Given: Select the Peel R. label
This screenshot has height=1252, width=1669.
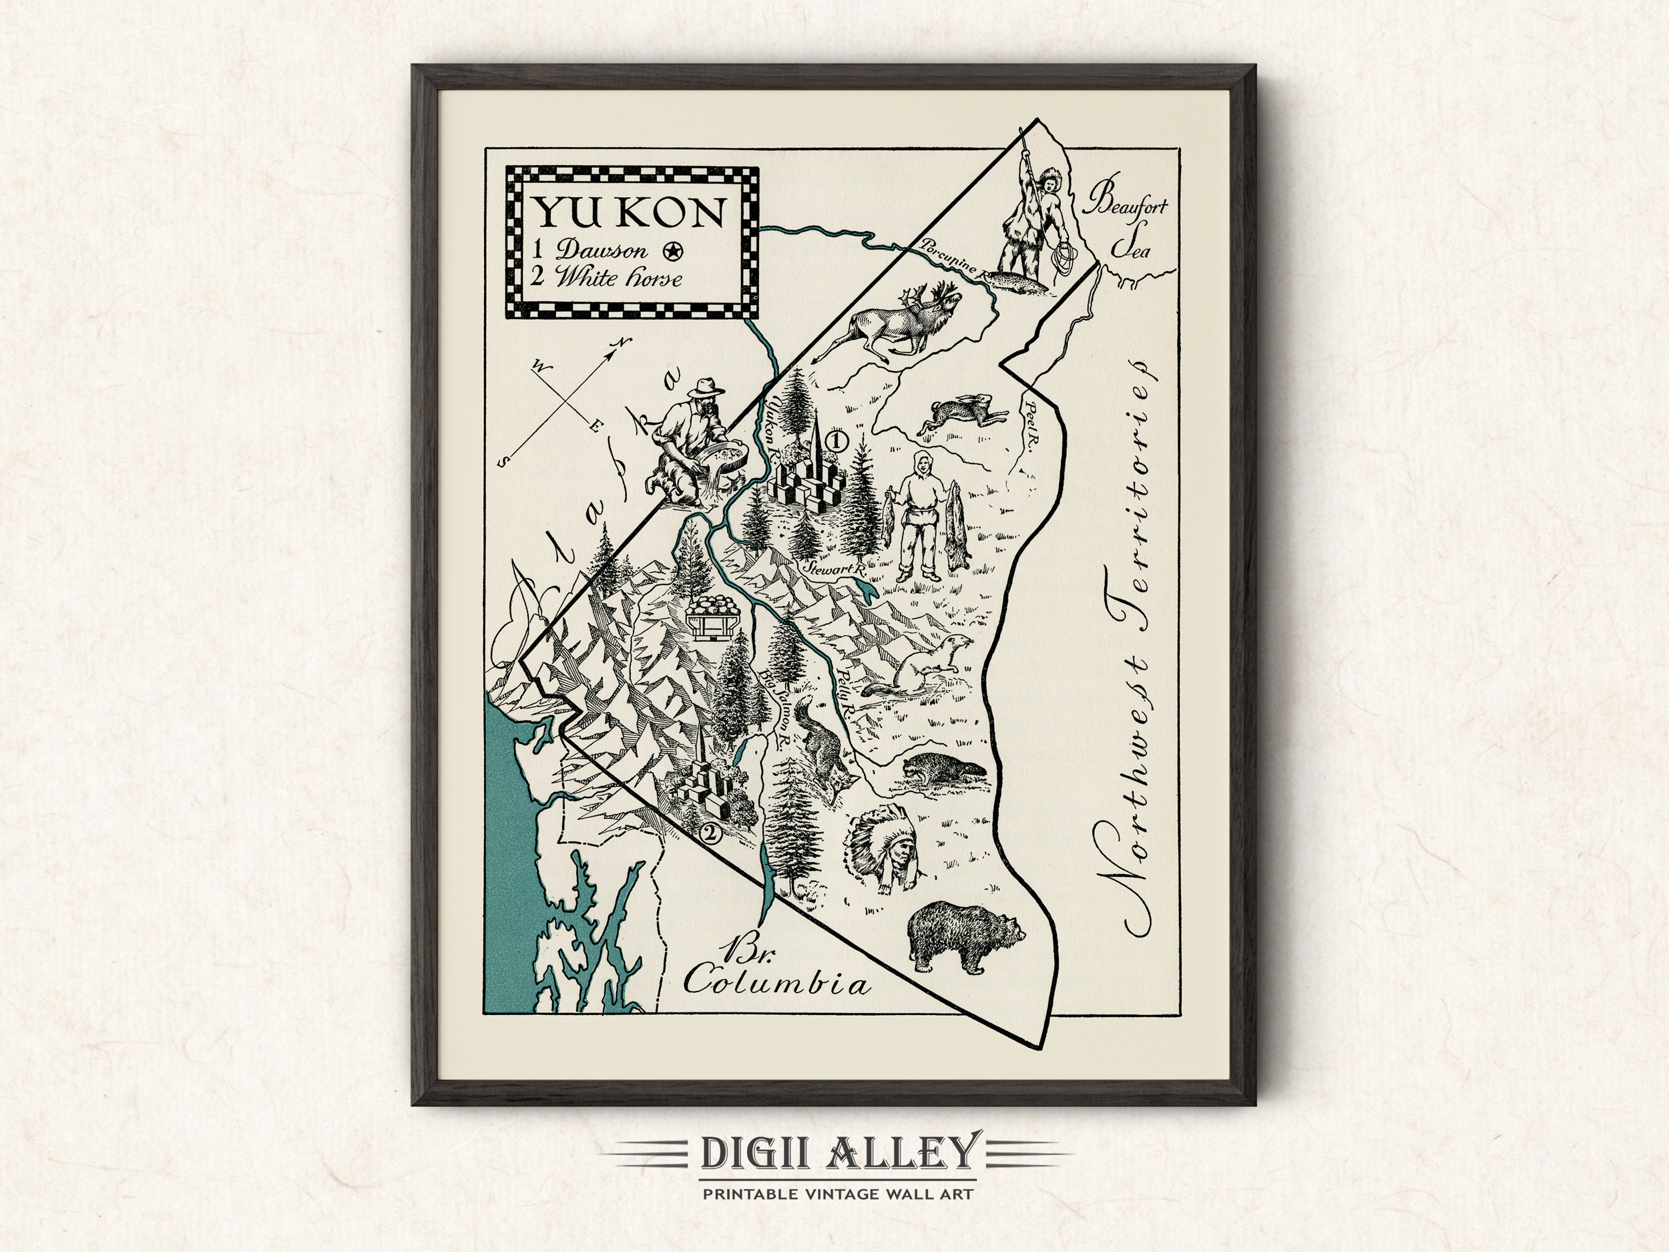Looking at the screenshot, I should coord(1027,437).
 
